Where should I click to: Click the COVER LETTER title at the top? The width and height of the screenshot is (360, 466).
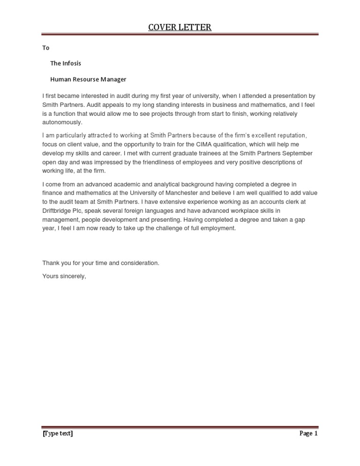point(180,27)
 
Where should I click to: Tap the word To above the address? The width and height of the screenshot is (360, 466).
point(45,48)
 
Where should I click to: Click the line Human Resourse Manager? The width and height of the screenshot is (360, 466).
point(88,79)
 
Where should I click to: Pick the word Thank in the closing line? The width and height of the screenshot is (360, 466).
point(50,263)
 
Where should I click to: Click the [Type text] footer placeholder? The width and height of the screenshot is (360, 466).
point(58,434)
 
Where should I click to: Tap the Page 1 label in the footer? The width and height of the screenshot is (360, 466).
point(308,434)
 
